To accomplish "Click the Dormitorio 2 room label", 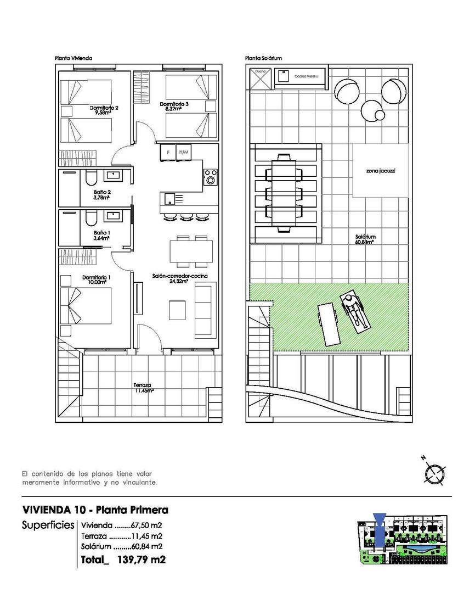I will pyautogui.click(x=104, y=111).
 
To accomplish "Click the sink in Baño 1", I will pyautogui.click(x=114, y=215).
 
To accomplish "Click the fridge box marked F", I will pyautogui.click(x=167, y=152).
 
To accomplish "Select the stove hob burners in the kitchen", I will pyautogui.click(x=210, y=177).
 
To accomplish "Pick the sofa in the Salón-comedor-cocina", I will pyautogui.click(x=206, y=309).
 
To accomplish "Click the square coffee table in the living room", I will pyautogui.click(x=177, y=309).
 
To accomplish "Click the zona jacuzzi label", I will pyautogui.click(x=381, y=171).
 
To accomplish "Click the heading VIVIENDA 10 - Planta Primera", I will pyautogui.click(x=95, y=510).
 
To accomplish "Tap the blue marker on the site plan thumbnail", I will pyautogui.click(x=379, y=522).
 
